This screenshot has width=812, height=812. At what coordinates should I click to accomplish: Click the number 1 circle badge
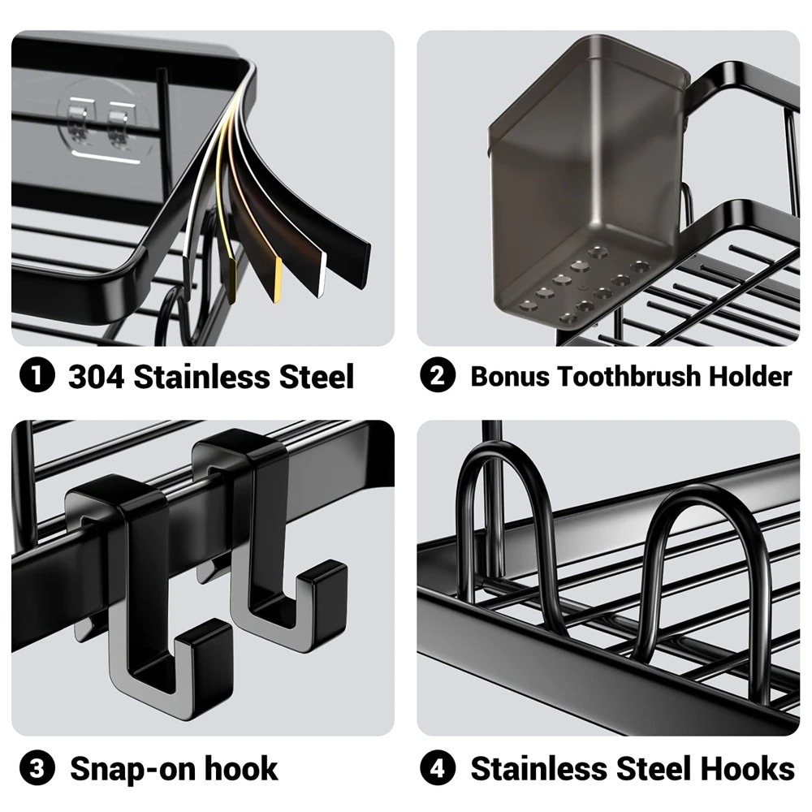click(37, 377)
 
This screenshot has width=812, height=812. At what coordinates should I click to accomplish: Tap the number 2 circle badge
click(438, 377)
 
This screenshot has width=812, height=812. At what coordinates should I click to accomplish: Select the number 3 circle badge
click(37, 768)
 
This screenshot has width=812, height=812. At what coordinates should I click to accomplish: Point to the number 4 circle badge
click(438, 768)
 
